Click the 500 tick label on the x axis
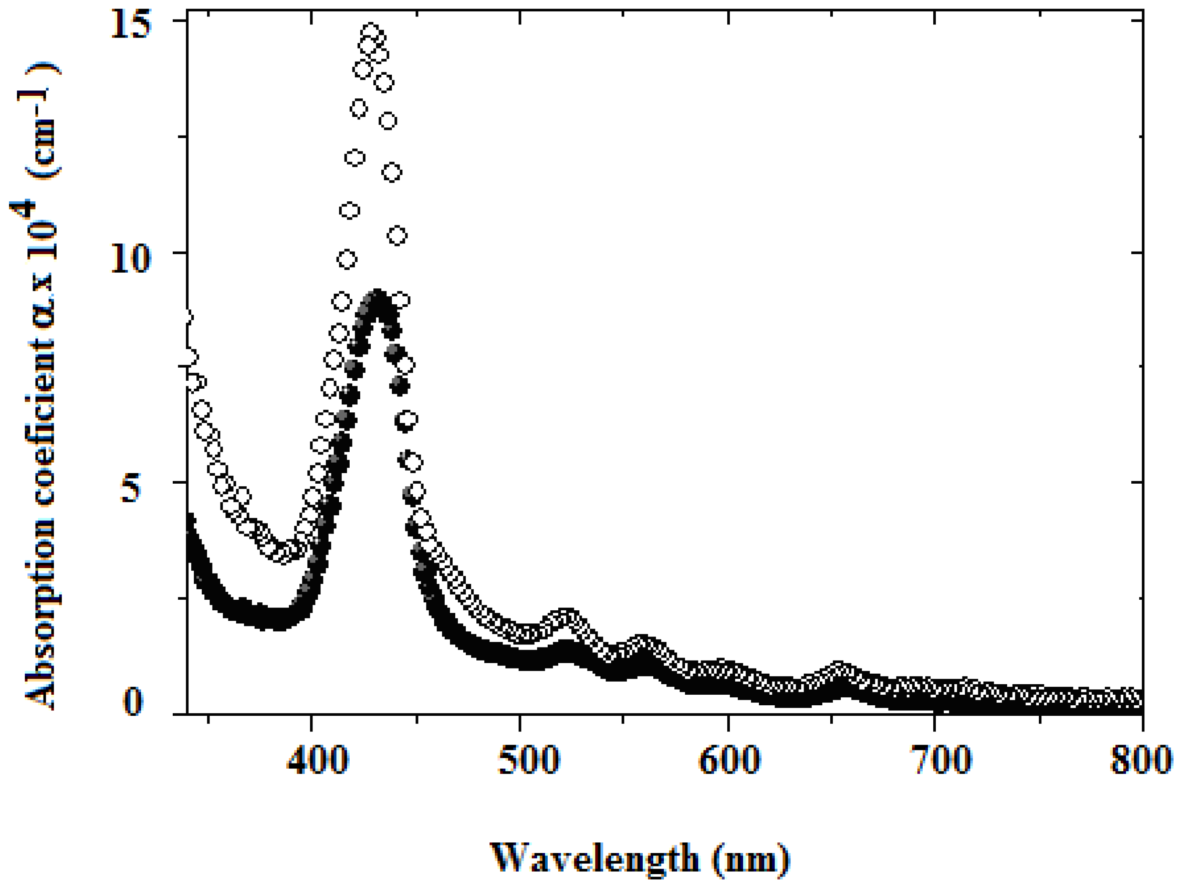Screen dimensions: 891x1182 (528, 759)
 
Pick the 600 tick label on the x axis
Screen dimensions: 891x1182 (729, 759)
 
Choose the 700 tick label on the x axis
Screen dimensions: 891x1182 (941, 759)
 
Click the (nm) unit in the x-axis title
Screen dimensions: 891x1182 (751, 859)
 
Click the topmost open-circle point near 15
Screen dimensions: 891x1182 (371, 31)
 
